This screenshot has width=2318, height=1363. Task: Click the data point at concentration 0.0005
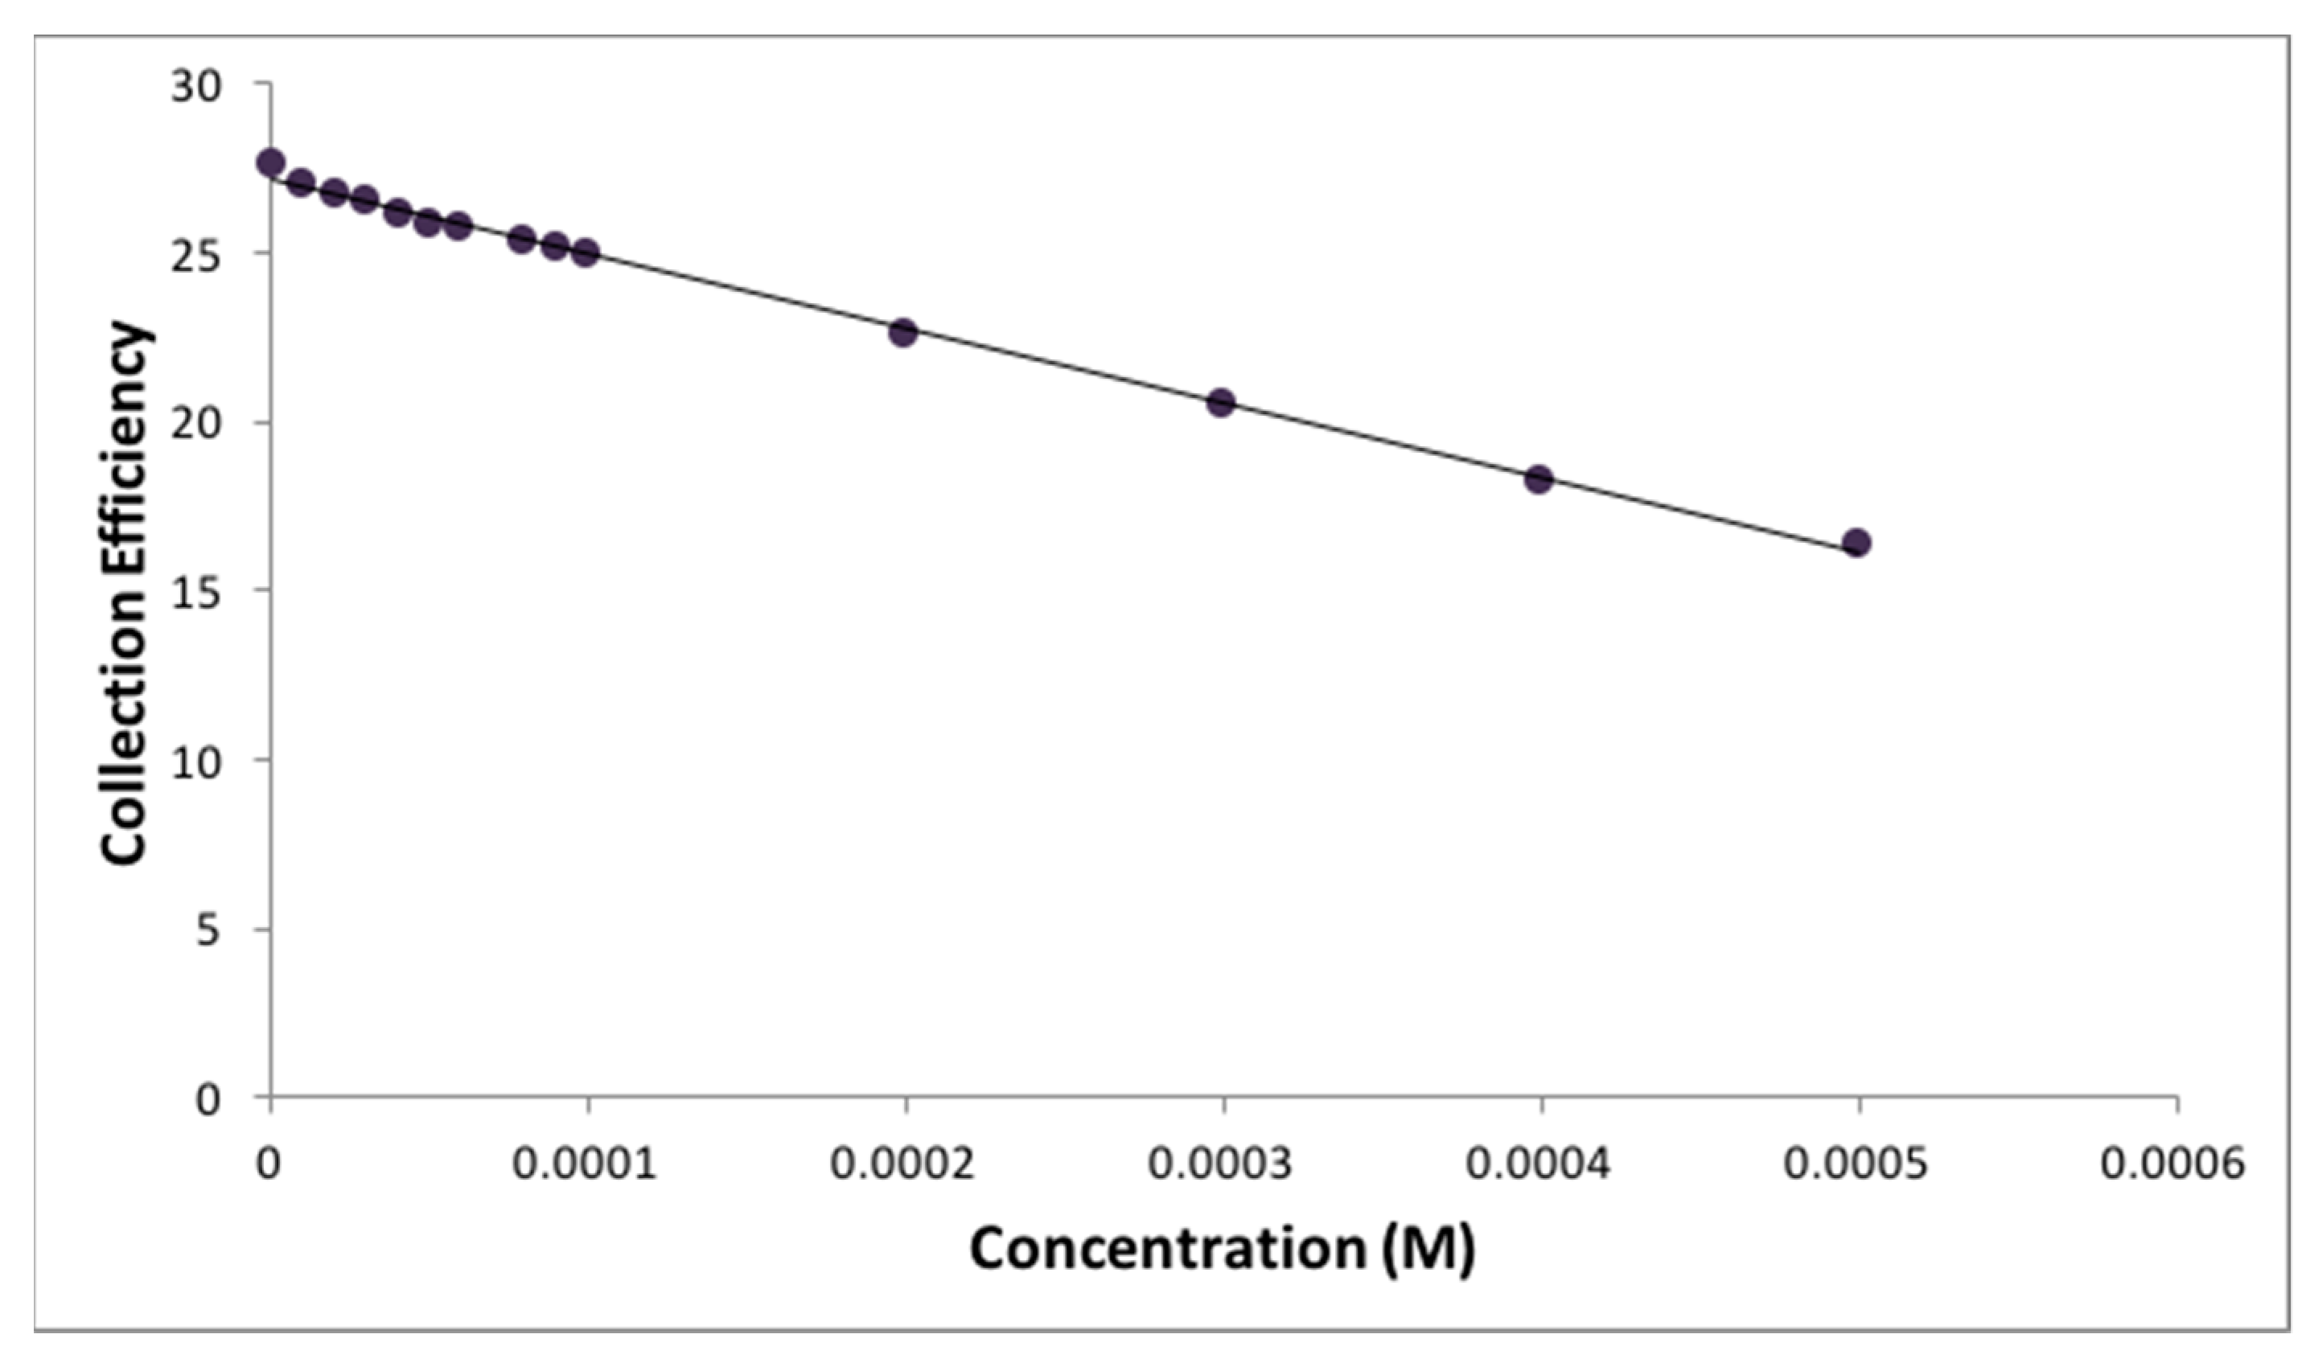1856,543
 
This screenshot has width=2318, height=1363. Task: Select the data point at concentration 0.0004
1538,479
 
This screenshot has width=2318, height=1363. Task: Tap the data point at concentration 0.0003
1221,402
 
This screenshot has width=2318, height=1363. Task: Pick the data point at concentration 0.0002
903,332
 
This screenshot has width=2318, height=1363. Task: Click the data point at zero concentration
270,162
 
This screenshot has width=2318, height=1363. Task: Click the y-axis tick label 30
196,87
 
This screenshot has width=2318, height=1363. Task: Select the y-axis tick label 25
196,257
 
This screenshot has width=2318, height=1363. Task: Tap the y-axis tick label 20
196,425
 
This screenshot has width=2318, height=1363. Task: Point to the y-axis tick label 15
196,593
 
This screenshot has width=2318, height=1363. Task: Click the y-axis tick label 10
196,762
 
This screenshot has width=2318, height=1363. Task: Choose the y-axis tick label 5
208,930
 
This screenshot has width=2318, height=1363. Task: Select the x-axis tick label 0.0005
1856,1164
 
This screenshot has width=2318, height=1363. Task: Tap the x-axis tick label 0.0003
1219,1164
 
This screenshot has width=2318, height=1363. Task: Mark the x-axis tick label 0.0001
585,1164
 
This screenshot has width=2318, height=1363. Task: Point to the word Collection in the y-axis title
125,732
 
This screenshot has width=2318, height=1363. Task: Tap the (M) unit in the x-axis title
1428,1249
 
